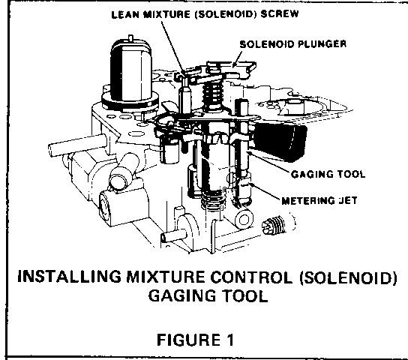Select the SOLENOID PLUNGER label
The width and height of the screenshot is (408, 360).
(x=293, y=44)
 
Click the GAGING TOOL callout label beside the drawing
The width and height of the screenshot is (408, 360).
(x=328, y=174)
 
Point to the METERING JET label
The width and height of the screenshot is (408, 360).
(x=319, y=200)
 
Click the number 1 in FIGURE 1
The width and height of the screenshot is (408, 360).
(x=229, y=340)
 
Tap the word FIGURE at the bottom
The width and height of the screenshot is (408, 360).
(x=188, y=340)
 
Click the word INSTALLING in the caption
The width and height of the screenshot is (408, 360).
(x=69, y=276)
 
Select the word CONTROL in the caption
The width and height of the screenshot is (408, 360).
(x=251, y=277)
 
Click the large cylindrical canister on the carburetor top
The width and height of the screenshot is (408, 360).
(x=131, y=71)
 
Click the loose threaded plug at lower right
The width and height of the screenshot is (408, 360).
(x=274, y=224)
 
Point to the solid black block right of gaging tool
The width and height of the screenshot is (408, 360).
(x=280, y=142)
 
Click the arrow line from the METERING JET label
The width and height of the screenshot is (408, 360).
(x=265, y=192)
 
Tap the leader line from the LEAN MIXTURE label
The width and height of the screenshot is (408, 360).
(x=173, y=47)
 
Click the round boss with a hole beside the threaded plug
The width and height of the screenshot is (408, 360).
(x=244, y=219)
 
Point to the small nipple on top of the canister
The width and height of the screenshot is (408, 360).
(x=131, y=38)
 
